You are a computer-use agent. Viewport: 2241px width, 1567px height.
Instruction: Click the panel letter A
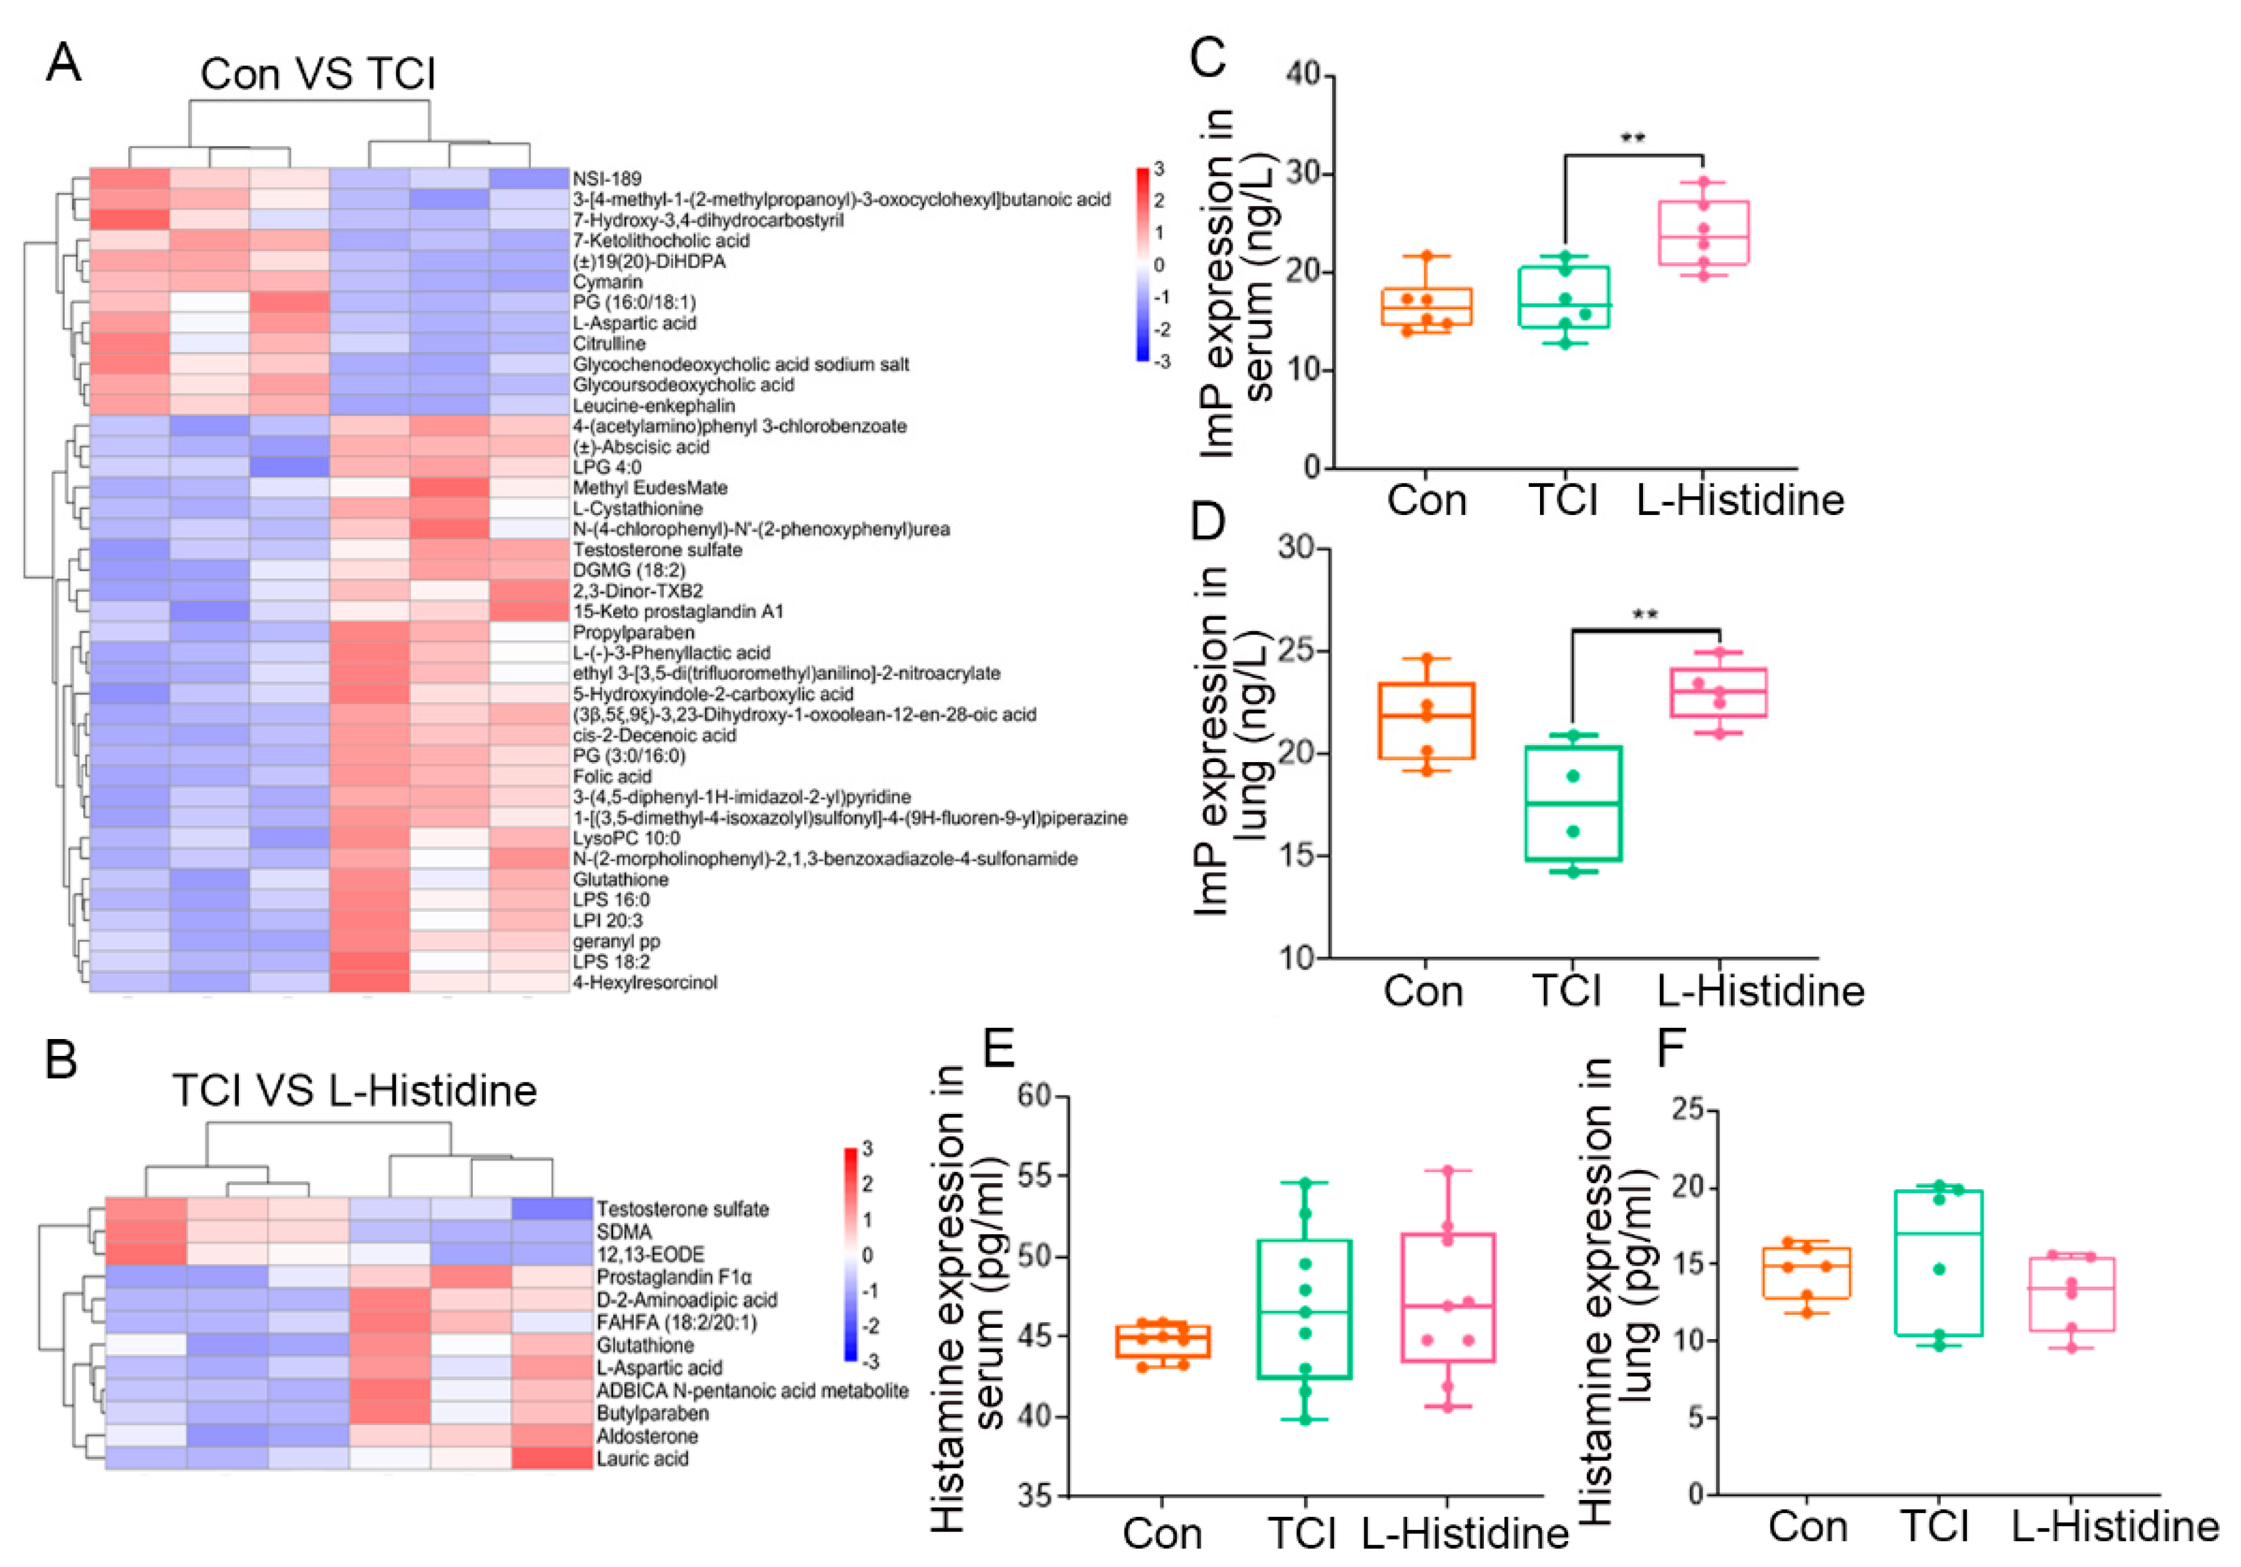click(64, 64)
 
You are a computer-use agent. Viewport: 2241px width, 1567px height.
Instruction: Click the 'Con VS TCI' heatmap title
click(318, 74)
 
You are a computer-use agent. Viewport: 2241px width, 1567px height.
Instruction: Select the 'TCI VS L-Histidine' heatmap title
click(354, 1090)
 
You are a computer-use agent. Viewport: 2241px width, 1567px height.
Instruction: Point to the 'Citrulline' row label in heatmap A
click(609, 343)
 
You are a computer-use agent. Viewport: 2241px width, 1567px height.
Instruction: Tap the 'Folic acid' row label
click(612, 777)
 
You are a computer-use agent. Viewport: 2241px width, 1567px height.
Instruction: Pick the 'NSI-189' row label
click(607, 178)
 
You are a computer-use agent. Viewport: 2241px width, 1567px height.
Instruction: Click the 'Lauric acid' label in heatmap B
click(642, 1459)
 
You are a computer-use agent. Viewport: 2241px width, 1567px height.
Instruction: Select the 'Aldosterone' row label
click(647, 1436)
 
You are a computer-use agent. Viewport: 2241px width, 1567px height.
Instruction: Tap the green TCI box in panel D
click(1573, 803)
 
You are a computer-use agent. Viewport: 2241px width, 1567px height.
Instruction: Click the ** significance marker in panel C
click(1633, 137)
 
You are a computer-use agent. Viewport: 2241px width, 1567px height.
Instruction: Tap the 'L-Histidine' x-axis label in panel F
click(2115, 1527)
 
